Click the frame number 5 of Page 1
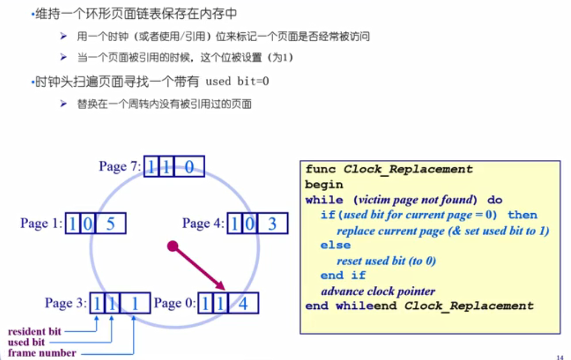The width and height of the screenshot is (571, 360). tap(111, 224)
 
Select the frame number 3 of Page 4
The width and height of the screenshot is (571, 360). tap(272, 224)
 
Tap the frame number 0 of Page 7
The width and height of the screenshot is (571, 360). tap(189, 167)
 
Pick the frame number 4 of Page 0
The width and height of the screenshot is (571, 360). tap(243, 304)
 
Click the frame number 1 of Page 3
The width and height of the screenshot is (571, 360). tap(135, 303)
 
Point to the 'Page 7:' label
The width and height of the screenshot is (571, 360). tap(120, 167)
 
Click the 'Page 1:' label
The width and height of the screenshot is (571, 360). tap(41, 224)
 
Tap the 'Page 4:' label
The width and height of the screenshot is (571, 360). tap(203, 224)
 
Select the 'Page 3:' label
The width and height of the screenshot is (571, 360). tap(66, 303)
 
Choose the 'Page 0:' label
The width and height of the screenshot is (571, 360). tap(174, 304)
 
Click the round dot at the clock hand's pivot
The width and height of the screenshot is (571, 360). tap(173, 245)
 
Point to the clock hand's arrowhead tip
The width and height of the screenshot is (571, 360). tap(224, 289)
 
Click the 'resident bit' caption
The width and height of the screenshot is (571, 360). tap(34, 331)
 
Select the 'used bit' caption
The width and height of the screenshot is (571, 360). tap(27, 342)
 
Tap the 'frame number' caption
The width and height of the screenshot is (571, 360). tap(42, 353)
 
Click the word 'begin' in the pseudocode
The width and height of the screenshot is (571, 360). tap(324, 184)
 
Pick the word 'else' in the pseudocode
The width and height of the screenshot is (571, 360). tap(335, 245)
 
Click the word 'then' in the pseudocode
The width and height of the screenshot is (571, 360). tap(522, 215)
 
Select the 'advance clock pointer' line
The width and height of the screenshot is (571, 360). tap(378, 291)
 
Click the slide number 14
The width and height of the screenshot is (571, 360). tap(560, 357)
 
